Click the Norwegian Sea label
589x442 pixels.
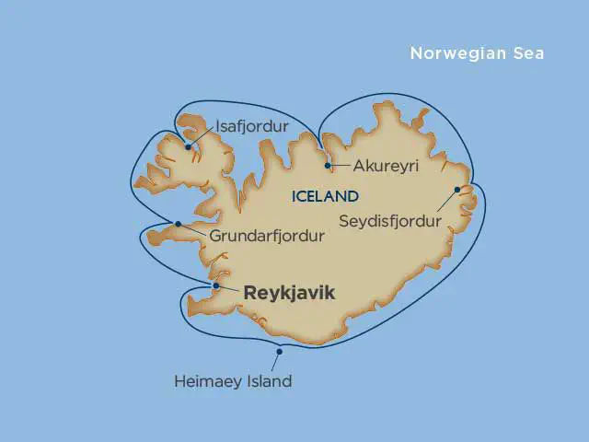pos(477,53)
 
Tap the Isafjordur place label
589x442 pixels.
pos(251,125)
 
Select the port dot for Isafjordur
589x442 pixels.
pos(188,146)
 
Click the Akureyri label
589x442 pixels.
pos(387,167)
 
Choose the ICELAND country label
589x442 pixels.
pos(325,196)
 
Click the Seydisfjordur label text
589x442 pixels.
pos(389,222)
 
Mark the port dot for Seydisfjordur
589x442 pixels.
pos(457,191)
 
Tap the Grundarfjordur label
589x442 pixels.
pos(267,237)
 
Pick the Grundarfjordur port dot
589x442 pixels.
pos(178,224)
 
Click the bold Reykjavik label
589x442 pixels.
pos(289,294)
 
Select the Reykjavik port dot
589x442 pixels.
pos(215,285)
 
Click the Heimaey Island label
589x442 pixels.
pos(233,380)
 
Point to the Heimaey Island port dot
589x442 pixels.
pos(280,351)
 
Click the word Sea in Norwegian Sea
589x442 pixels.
pos(529,53)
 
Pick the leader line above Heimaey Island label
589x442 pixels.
pos(275,362)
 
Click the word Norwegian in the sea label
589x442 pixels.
pos(457,53)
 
